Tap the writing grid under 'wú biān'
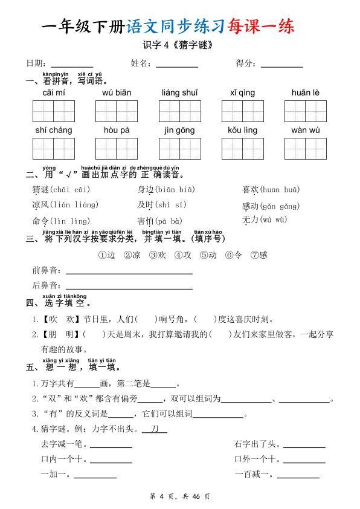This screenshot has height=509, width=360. click(117, 111)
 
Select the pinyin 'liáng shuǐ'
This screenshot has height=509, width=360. click(180, 92)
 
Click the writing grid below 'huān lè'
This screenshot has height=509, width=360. click(305, 111)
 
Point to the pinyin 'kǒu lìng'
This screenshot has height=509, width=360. click(242, 130)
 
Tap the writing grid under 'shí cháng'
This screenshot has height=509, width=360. click(54, 149)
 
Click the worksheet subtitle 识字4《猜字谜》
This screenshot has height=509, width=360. click(179, 45)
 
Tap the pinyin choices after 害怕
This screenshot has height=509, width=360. click(169, 221)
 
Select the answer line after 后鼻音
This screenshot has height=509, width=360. click(129, 285)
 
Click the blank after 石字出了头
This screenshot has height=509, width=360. click(304, 444)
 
